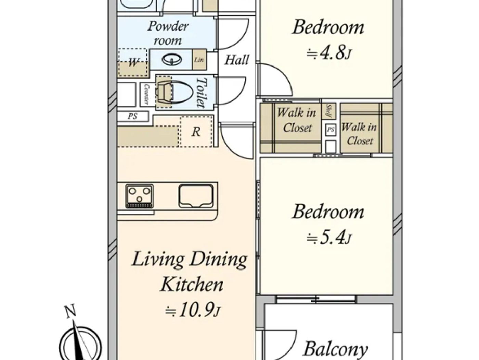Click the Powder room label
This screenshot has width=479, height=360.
pos(168,33)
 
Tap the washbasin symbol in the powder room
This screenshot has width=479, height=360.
pos(169,60)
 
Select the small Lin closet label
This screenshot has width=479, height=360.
pos(199,60)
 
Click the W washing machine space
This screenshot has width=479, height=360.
pos(133,63)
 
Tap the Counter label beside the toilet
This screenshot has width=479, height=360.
pos(146,94)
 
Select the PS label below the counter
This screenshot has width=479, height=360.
pos(132,116)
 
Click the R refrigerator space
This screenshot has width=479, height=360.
pos(196,132)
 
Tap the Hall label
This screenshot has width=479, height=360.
pos(237,60)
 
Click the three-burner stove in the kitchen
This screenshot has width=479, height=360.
pos(139,196)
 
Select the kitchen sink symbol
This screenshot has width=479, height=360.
pos(196,196)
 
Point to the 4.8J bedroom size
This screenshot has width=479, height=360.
pos(328,53)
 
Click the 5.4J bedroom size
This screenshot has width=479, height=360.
pos(328,238)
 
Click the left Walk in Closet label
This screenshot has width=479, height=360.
pos(297,120)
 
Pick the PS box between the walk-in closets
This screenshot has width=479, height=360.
pos(331,130)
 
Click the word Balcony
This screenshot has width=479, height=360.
pos(335,349)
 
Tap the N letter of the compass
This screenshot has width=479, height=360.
pos(70,312)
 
